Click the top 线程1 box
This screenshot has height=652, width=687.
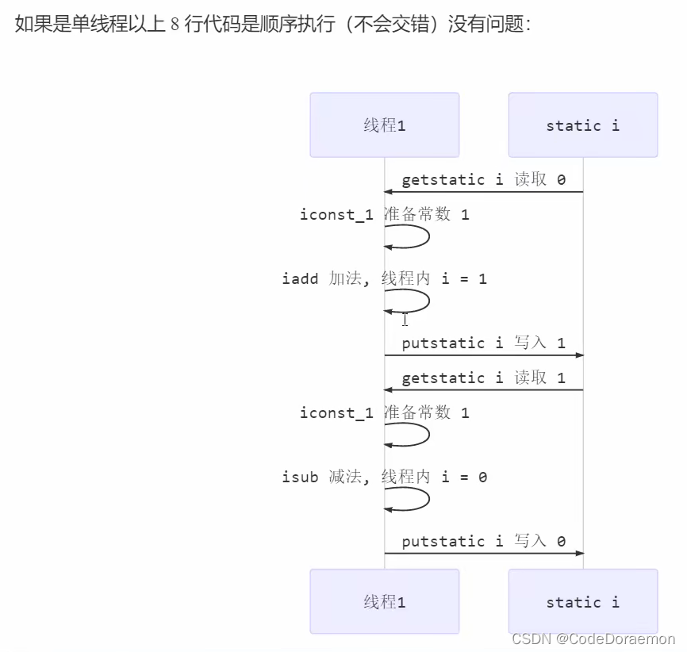384,125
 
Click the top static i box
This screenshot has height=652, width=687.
582,125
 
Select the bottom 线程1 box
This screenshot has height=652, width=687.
384,601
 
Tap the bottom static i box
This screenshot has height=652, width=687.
582,601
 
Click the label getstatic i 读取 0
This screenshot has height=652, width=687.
483,179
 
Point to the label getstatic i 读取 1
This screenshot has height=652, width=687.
483,378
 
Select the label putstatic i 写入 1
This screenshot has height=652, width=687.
483,343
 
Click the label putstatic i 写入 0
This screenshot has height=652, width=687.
483,541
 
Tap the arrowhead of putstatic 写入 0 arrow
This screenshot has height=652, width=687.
580,553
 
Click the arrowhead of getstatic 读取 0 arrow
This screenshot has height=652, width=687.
389,192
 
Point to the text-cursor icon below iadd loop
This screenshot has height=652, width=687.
405,320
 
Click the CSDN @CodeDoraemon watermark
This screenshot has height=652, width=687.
593,639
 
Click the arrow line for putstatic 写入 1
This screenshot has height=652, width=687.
484,355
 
